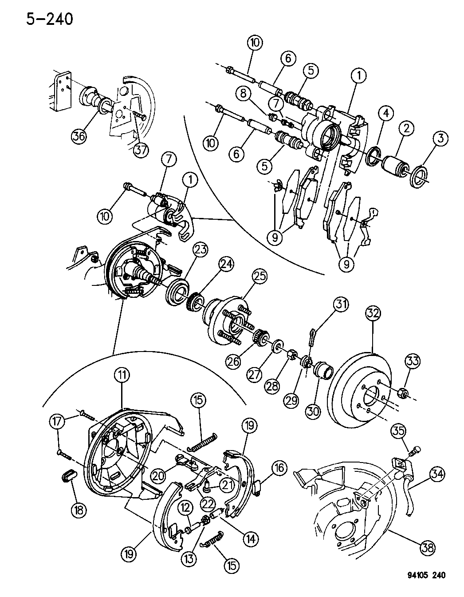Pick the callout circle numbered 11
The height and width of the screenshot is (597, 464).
pos(122,375)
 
